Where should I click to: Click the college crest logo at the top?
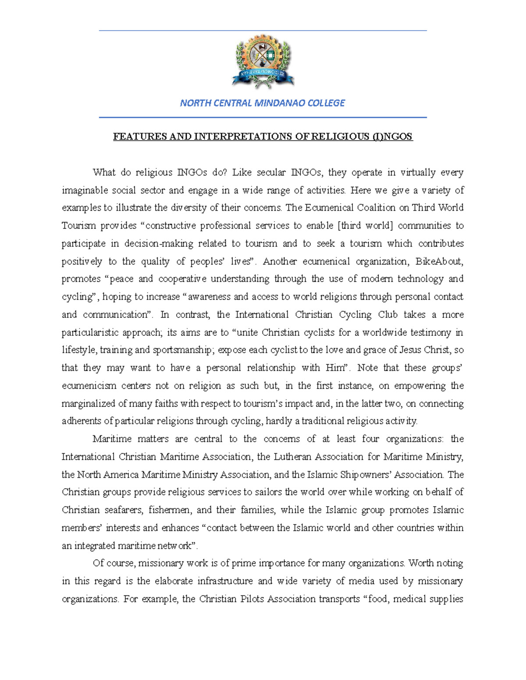[263, 62]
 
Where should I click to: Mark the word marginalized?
[88, 404]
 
